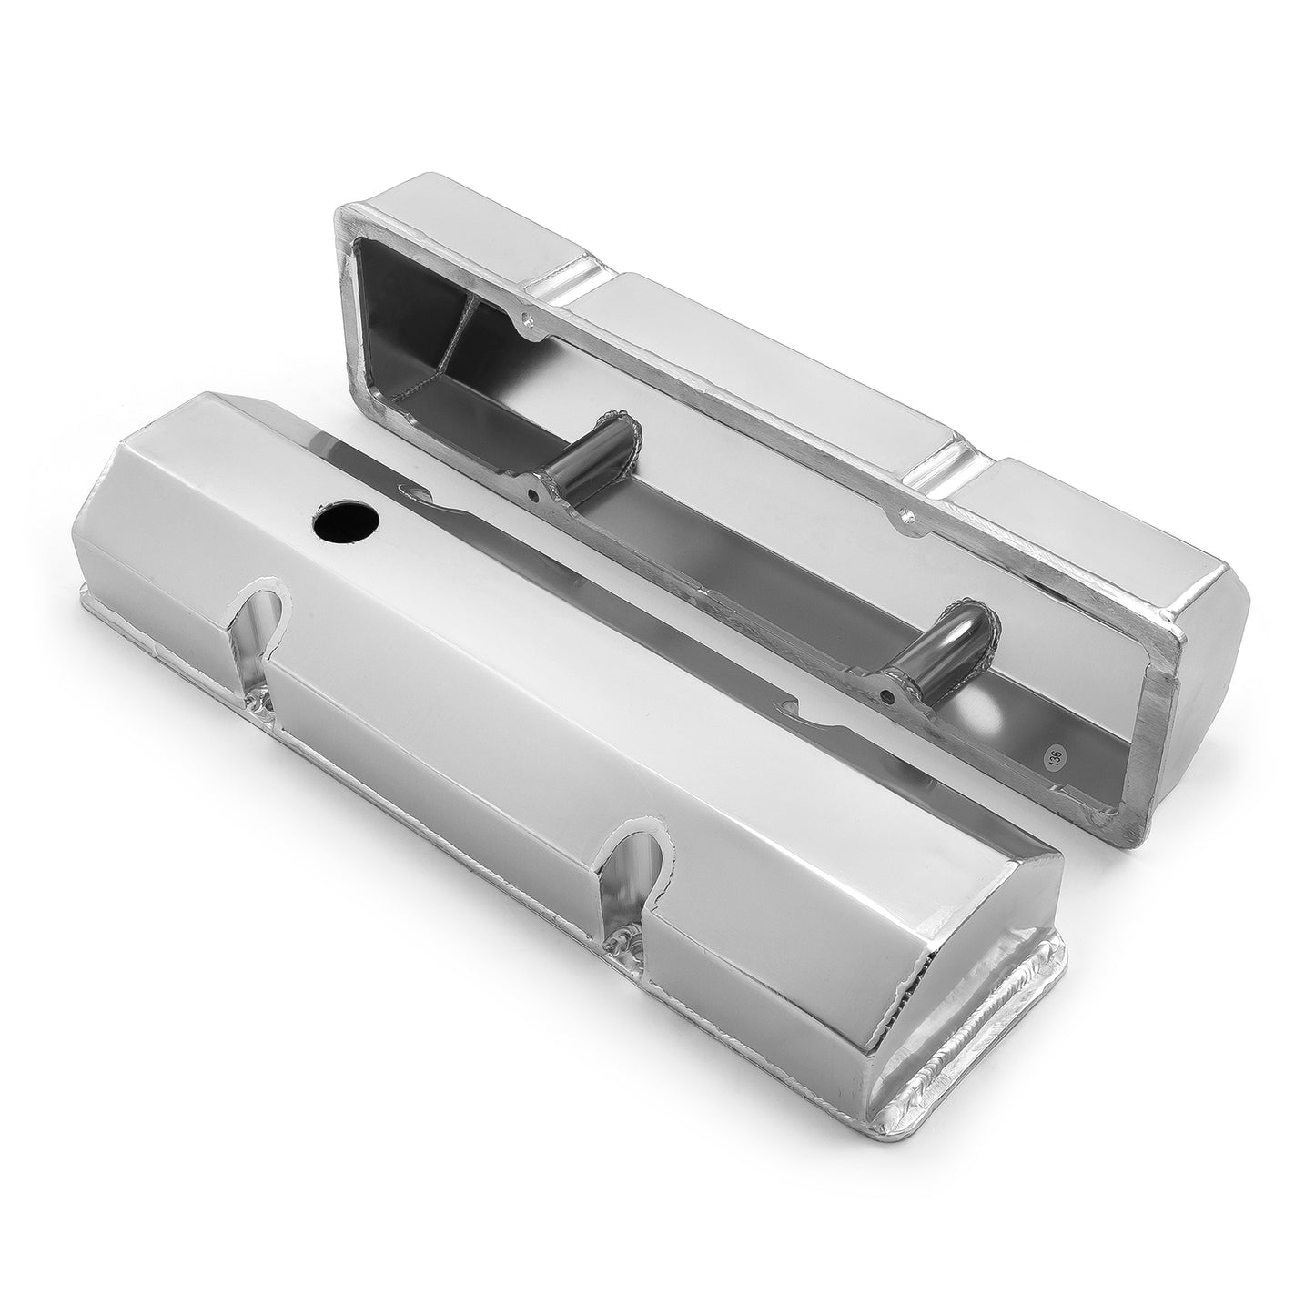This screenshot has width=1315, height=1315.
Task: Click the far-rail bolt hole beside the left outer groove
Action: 526,321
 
